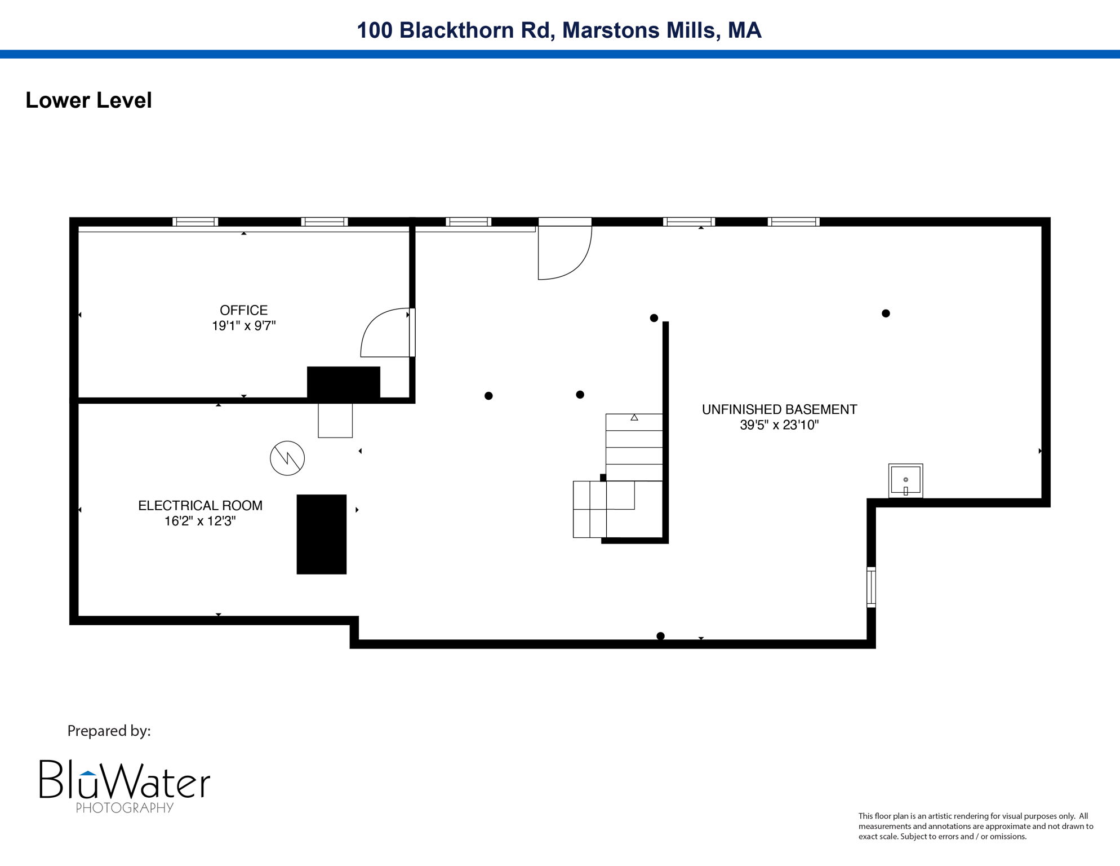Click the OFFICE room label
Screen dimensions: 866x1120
243,310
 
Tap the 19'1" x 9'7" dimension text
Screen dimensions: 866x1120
243,326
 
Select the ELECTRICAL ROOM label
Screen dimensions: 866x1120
200,506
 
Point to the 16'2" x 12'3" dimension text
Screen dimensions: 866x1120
200,521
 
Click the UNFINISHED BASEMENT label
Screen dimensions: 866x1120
779,409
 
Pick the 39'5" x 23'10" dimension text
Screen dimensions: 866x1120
779,425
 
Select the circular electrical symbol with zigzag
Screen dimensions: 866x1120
287,458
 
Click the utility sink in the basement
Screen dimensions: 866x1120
905,480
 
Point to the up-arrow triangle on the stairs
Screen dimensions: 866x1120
634,418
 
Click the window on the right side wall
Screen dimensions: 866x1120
871,587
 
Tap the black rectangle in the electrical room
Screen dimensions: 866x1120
321,534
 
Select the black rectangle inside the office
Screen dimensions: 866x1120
343,383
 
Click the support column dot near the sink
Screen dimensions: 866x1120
886,313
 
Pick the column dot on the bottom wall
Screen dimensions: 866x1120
660,636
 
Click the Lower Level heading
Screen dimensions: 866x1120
88,100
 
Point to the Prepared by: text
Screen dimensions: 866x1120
109,731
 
